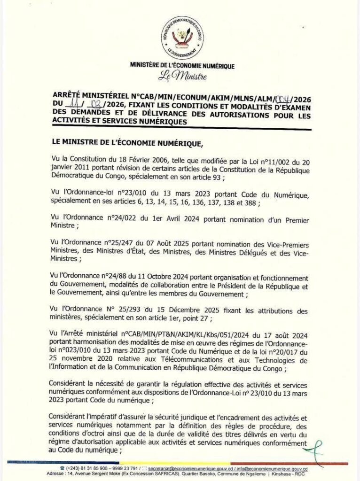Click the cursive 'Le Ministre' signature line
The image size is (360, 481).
182,75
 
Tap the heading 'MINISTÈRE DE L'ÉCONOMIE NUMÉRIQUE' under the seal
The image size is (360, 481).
182,66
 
